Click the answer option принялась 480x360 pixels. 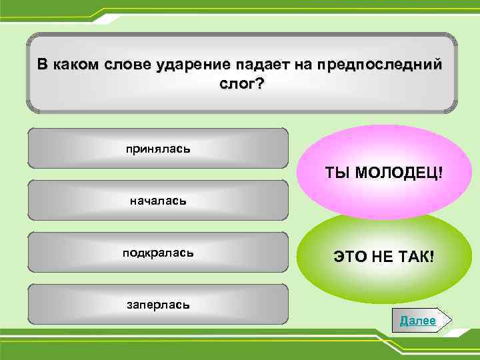[x=158, y=148]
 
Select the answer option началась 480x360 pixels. [x=158, y=200]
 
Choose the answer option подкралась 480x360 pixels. [x=158, y=252]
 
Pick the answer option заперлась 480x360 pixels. [x=158, y=304]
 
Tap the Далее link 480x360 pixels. [x=417, y=321]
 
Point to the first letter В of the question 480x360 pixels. [x=41, y=65]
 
